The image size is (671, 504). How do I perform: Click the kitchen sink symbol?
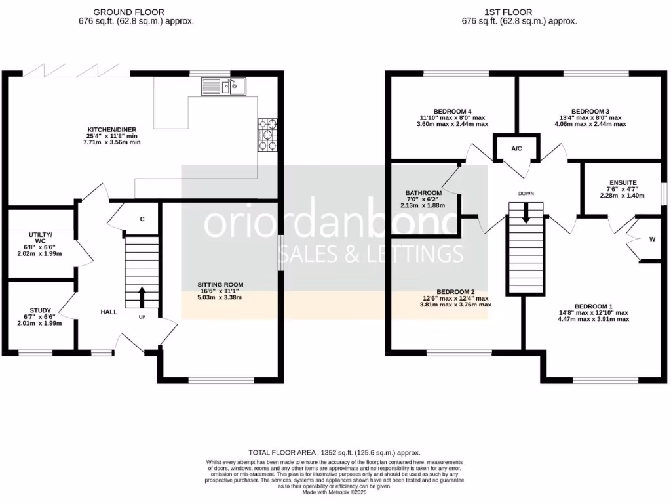point(223,85)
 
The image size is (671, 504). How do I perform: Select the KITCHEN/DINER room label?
point(115,129)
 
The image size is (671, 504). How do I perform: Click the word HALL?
point(109,312)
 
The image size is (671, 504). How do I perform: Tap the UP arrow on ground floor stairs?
point(142,293)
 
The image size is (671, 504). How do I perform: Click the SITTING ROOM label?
point(220,285)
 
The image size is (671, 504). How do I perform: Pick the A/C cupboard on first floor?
point(516,149)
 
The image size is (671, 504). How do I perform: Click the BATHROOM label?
point(423,193)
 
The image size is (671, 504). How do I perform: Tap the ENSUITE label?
point(623,183)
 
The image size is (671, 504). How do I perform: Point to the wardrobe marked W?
point(651,239)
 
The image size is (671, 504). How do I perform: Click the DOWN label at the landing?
point(526,194)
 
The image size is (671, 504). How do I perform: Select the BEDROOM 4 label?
point(453,111)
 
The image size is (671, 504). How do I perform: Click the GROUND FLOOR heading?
point(128,12)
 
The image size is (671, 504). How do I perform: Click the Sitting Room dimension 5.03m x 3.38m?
point(220,297)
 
